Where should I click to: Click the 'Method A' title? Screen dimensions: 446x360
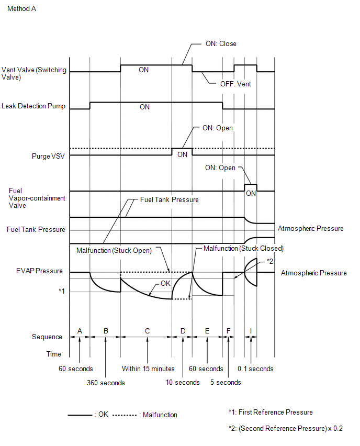tap(22, 9)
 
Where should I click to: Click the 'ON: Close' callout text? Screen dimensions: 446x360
tap(221, 44)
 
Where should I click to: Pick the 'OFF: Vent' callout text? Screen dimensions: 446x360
tap(235, 84)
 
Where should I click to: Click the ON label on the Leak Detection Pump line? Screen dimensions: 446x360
tap(144, 107)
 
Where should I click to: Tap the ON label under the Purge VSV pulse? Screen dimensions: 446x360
tap(182, 154)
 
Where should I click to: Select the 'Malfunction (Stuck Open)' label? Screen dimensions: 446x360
tap(114, 251)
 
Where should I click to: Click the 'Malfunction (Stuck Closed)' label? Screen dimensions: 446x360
tap(243, 248)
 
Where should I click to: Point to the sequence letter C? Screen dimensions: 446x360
tap(148, 331)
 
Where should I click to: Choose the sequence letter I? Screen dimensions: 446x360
tap(251, 331)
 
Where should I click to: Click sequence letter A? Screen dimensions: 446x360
tap(80, 331)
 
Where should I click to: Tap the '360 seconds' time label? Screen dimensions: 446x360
tap(106, 383)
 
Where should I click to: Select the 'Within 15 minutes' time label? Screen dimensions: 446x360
tap(148, 369)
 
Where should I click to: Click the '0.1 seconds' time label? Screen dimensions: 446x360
tap(255, 369)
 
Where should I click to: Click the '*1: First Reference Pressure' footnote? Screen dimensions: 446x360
tap(271, 412)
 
